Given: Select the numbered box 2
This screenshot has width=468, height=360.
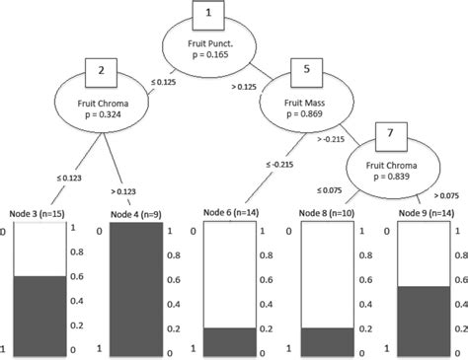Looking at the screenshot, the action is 102,70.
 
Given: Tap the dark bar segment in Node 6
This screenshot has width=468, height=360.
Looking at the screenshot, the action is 233,338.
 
